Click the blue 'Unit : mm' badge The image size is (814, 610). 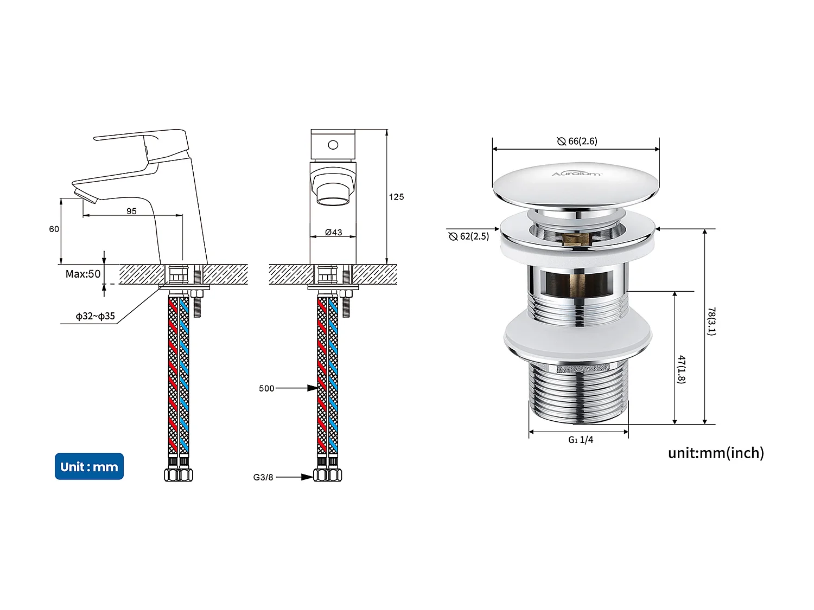[89, 466]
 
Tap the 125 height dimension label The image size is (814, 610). [396, 197]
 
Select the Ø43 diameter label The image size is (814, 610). [333, 232]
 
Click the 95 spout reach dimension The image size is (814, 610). [131, 211]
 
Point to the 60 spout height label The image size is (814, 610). [54, 229]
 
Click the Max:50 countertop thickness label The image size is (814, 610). [83, 274]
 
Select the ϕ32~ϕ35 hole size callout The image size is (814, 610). [96, 316]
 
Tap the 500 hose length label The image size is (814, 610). [266, 388]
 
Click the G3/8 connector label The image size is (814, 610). [263, 477]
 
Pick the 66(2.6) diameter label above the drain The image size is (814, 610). [577, 141]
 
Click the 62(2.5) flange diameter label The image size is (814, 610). [469, 236]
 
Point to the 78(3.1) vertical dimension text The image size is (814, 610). [711, 321]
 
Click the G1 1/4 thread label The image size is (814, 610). [580, 440]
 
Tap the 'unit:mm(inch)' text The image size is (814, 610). [716, 453]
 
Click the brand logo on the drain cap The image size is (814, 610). [576, 174]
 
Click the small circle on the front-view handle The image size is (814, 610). [333, 145]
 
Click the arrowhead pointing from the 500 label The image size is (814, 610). [312, 388]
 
